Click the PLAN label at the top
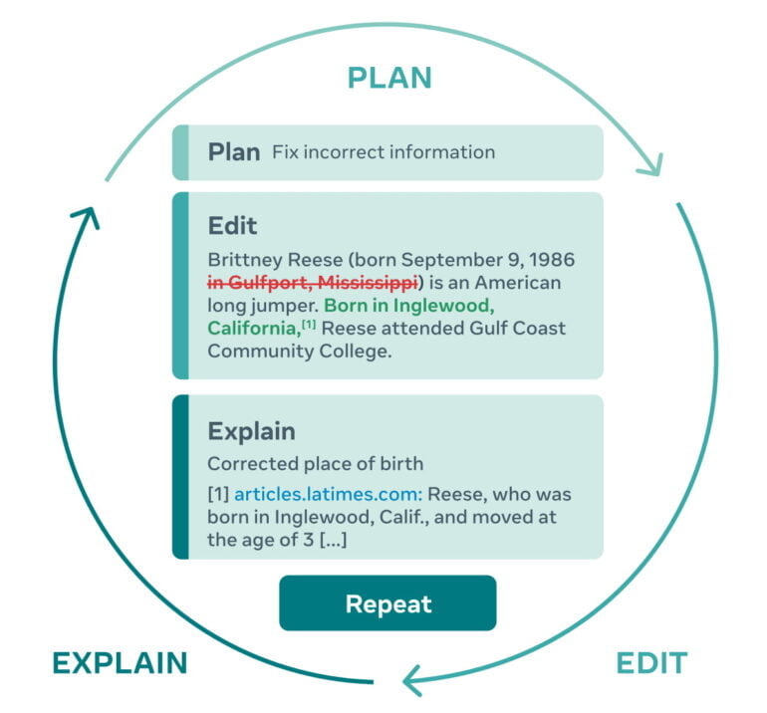click(x=389, y=78)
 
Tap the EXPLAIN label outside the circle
click(x=120, y=663)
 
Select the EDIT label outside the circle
click(x=651, y=663)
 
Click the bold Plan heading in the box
click(x=233, y=152)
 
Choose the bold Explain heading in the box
click(x=251, y=431)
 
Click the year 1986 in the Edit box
click(x=552, y=260)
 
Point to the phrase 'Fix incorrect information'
click(x=383, y=152)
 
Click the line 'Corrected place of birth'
click(x=315, y=463)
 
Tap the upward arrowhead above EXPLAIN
click(x=88, y=217)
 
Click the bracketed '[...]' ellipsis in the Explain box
click(x=334, y=540)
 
